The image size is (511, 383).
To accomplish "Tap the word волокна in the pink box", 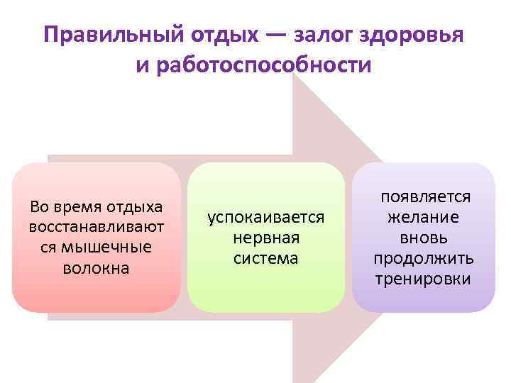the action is point(97,268).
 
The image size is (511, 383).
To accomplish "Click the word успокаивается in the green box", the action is point(265,217).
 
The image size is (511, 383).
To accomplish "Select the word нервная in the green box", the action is point(265,238).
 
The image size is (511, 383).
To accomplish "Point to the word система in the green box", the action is point(265,258).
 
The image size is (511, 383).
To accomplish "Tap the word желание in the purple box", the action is point(423,217).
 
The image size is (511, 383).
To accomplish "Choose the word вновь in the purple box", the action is point(423,238).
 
